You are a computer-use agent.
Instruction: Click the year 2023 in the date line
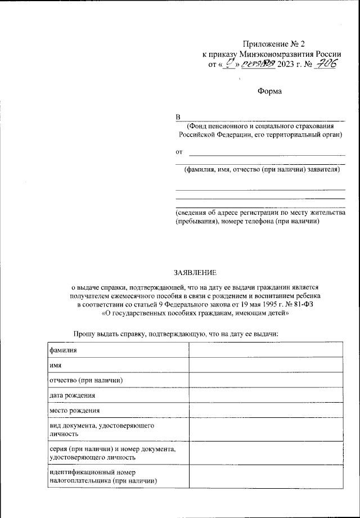coord(287,65)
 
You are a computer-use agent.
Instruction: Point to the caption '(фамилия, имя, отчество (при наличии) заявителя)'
coord(260,169)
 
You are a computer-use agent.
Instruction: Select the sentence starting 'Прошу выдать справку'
coord(176,334)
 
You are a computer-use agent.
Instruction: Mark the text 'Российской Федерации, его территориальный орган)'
coord(260,135)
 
